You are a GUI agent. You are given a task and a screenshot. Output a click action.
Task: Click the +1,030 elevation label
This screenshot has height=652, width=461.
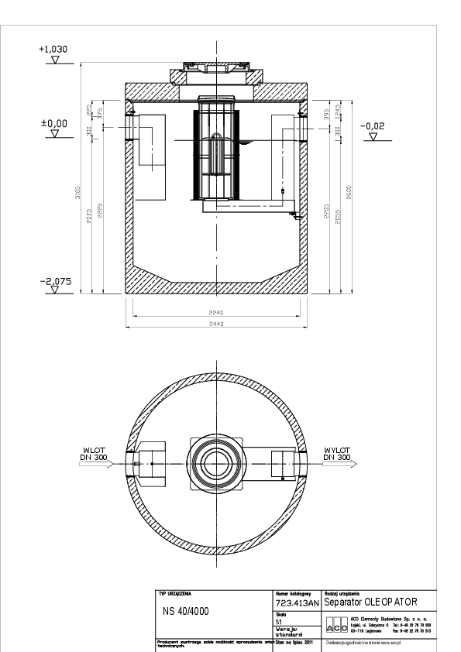53,49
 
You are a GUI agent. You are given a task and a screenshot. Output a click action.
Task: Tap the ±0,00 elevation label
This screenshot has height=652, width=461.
53,123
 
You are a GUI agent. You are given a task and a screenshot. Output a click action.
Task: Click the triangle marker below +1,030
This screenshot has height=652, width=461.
53,59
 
